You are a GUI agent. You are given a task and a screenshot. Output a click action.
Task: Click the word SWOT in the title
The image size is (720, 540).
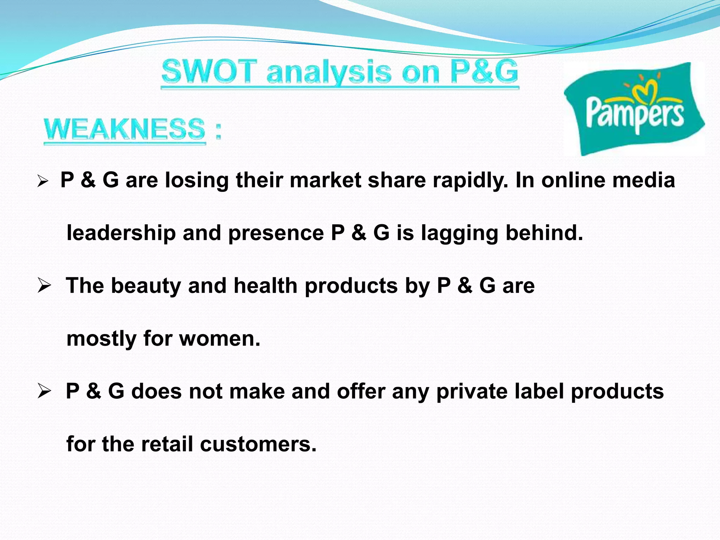click(207, 72)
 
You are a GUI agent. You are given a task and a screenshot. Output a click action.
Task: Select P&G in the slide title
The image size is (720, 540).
click(484, 71)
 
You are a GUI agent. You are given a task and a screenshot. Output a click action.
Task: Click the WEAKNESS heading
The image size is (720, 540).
click(124, 129)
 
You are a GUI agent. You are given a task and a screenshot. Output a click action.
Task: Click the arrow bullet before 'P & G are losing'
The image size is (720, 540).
click(43, 181)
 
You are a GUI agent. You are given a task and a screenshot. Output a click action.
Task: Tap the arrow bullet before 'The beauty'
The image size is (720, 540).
click(45, 285)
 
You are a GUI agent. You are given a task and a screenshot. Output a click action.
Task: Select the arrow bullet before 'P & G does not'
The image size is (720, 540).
click(45, 391)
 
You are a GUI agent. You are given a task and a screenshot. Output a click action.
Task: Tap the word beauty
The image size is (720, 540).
click(146, 285)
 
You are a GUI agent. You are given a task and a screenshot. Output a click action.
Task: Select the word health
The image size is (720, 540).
click(265, 285)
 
